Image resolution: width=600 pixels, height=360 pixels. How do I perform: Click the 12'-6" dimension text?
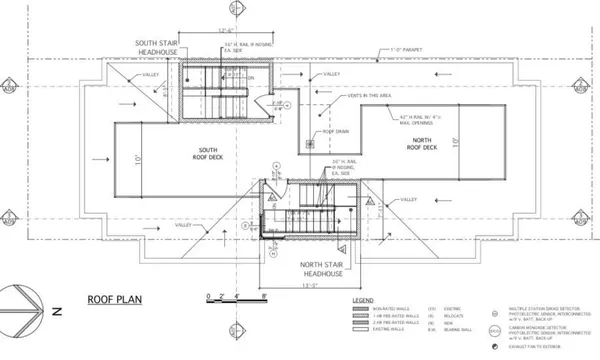pos(225,31)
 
